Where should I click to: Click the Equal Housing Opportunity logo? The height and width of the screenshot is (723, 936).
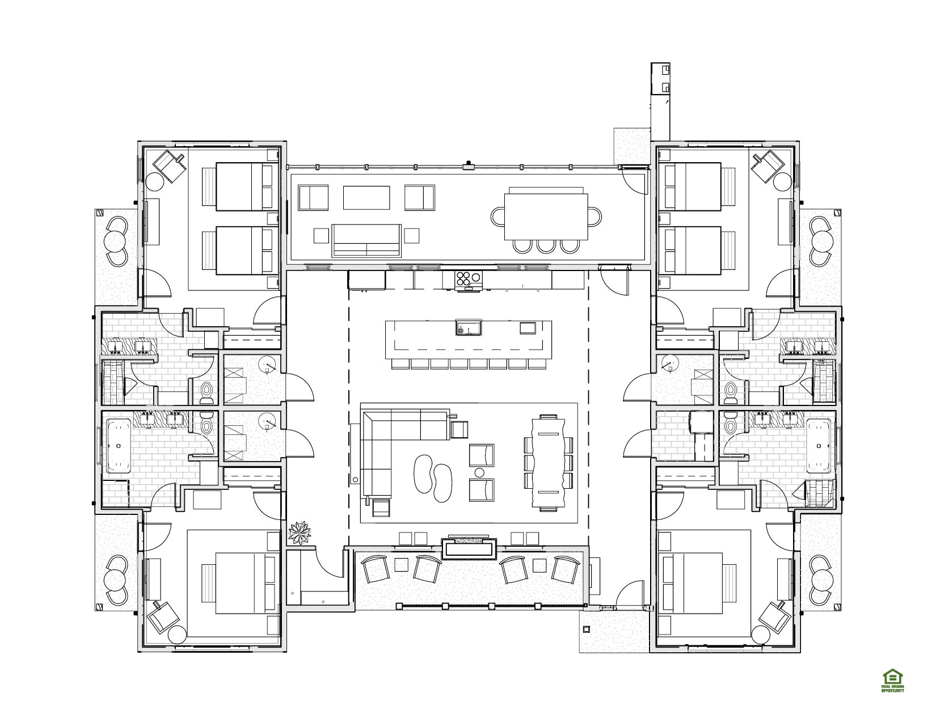[892, 680]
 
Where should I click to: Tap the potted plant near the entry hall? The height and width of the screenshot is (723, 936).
[300, 532]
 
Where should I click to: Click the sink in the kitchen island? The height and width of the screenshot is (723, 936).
[469, 328]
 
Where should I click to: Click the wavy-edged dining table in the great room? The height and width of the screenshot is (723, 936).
[549, 463]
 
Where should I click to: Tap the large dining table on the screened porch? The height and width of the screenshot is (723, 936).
[546, 217]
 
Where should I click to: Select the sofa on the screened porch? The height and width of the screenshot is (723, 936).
[366, 240]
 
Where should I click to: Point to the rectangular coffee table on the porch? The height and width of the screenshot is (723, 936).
[366, 198]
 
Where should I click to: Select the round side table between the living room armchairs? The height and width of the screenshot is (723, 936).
[479, 473]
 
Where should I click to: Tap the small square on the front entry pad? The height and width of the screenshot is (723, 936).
[585, 629]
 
